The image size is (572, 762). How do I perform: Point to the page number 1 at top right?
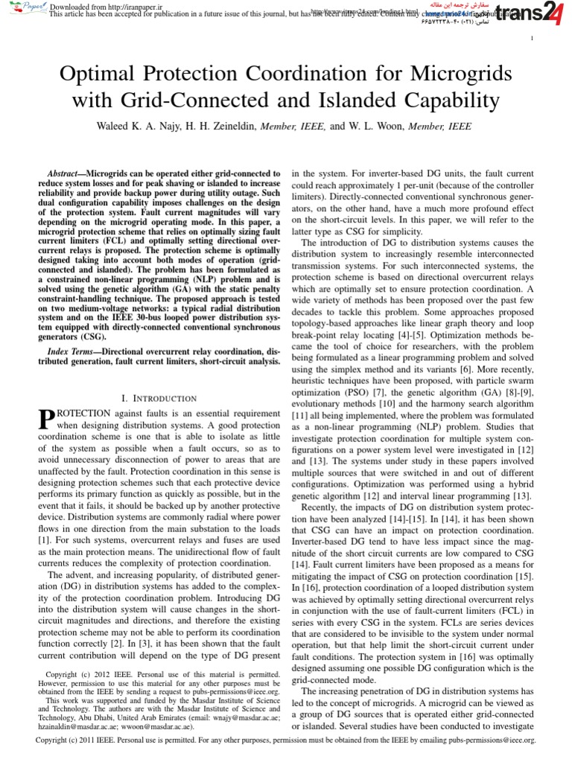[531, 39]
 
